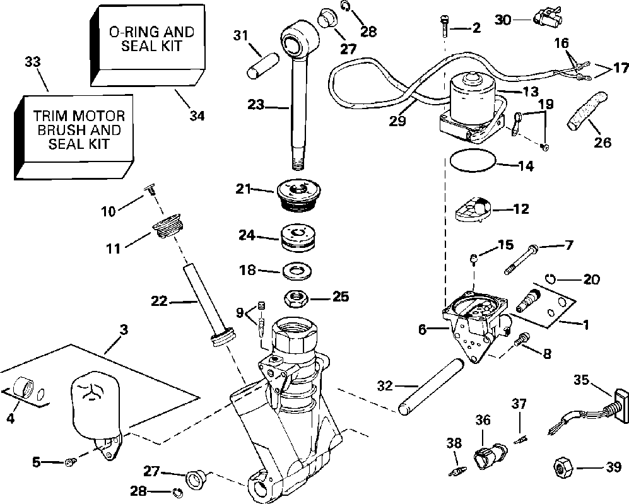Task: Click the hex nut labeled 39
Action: coord(561,468)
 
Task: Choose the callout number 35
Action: coord(581,380)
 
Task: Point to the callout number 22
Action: coord(158,302)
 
